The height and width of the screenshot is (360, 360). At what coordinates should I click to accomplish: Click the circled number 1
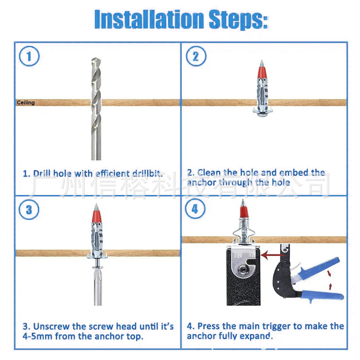click(29, 56)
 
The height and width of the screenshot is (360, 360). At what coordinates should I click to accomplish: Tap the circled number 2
click(196, 56)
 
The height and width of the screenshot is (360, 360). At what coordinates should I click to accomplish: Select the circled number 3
click(29, 210)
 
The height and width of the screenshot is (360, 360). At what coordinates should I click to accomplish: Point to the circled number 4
click(195, 209)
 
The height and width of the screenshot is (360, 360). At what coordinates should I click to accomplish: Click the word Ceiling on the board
click(26, 103)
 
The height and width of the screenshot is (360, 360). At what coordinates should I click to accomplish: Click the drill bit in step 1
click(96, 109)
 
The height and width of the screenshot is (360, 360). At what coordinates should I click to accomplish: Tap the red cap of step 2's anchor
click(261, 72)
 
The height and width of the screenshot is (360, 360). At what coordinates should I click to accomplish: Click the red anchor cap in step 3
click(96, 216)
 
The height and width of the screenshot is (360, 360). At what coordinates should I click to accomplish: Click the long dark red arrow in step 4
click(273, 255)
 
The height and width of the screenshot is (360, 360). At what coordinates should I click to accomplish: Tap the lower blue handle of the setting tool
click(321, 295)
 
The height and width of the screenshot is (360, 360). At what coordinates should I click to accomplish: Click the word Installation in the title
click(149, 19)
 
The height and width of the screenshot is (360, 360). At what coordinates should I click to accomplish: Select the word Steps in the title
click(238, 19)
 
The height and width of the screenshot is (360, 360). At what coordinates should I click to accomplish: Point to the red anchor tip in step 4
click(244, 212)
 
